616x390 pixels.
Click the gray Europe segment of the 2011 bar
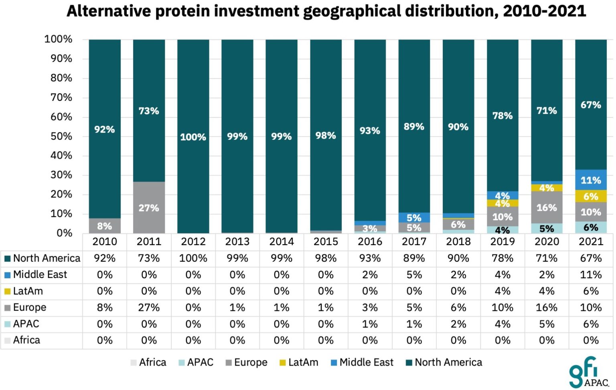[149, 207]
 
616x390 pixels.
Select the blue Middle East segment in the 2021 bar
[591, 180]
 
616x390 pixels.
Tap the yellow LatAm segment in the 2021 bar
[591, 196]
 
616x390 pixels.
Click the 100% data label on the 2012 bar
[193, 137]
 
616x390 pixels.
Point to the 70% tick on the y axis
[61, 97]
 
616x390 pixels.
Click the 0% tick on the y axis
[64, 233]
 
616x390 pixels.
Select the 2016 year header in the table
[370, 241]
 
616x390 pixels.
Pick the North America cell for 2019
[502, 258]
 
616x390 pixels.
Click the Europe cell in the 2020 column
[547, 307]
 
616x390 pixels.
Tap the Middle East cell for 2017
[414, 275]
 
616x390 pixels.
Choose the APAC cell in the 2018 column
[458, 324]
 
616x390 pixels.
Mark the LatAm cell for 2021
[591, 291]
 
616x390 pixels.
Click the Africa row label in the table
[26, 340]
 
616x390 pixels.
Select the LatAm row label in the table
[28, 291]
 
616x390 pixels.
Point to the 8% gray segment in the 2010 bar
[105, 226]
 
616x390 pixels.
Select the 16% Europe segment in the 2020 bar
[547, 207]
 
